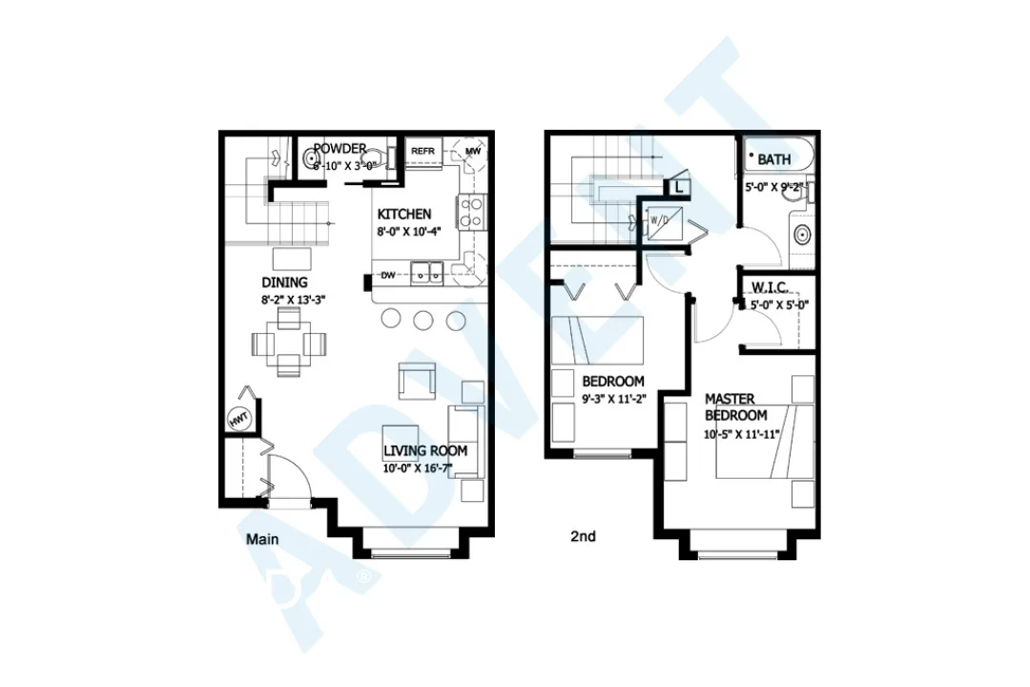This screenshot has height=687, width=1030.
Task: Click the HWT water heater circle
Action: (237, 418)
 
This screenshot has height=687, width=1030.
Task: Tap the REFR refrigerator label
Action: (422, 151)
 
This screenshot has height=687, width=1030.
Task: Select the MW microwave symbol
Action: (473, 151)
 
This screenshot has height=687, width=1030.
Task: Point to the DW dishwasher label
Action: (388, 276)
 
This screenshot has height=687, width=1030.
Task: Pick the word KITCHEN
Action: (403, 214)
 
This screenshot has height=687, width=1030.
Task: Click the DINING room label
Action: (284, 282)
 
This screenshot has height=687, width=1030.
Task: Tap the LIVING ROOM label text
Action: (425, 450)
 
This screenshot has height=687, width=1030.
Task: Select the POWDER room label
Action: (340, 149)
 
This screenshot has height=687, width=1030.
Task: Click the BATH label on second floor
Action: (774, 159)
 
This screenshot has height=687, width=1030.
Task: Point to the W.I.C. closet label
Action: (769, 287)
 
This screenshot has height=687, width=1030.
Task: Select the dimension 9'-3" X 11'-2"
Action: (614, 399)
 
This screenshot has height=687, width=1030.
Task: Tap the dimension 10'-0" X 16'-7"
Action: (425, 468)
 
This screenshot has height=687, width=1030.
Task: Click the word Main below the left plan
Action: (262, 539)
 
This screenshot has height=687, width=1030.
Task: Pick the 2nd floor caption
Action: (583, 536)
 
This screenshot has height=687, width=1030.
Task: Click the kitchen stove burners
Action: (471, 211)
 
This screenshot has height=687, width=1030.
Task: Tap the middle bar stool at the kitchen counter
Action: (423, 320)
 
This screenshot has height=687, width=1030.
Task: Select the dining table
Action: (288, 343)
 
